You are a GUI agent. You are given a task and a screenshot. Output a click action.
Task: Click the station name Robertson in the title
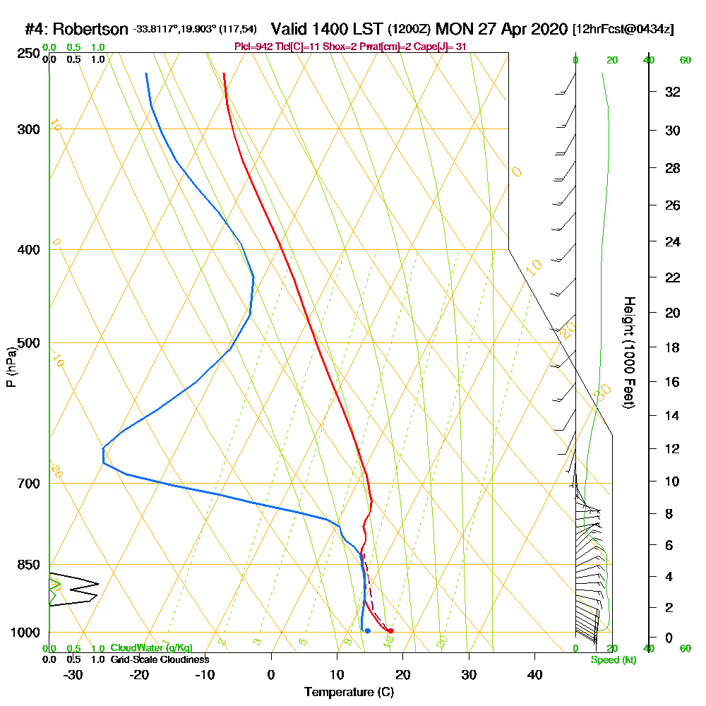(90, 29)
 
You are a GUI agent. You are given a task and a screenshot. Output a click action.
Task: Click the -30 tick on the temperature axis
(73, 675)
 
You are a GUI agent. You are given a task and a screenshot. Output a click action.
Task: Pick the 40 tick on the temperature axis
(535, 675)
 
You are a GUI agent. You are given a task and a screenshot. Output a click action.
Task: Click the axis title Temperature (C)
(349, 693)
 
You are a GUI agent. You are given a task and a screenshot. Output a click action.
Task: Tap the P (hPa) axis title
(11, 367)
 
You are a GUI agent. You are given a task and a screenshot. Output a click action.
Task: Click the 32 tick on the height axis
(673, 92)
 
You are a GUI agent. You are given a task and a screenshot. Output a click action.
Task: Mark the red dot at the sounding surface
(390, 630)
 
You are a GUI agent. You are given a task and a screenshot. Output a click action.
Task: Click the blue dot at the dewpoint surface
(368, 630)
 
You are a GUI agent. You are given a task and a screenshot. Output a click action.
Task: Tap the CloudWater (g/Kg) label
(151, 648)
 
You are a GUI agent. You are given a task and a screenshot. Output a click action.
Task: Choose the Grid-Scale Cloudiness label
(159, 659)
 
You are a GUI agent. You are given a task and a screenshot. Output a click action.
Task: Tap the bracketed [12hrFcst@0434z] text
(623, 29)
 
